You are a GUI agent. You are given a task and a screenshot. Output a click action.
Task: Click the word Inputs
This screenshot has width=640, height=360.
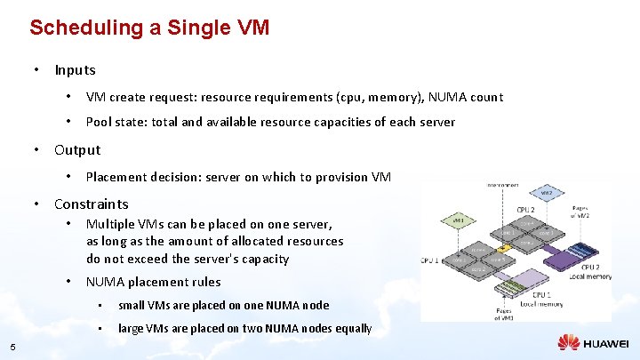[75, 69]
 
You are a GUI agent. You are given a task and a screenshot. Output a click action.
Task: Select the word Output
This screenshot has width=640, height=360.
[77, 150]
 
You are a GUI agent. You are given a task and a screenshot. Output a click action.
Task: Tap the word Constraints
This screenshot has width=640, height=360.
[91, 204]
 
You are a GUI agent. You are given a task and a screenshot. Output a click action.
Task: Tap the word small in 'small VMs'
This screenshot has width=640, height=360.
[132, 305]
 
